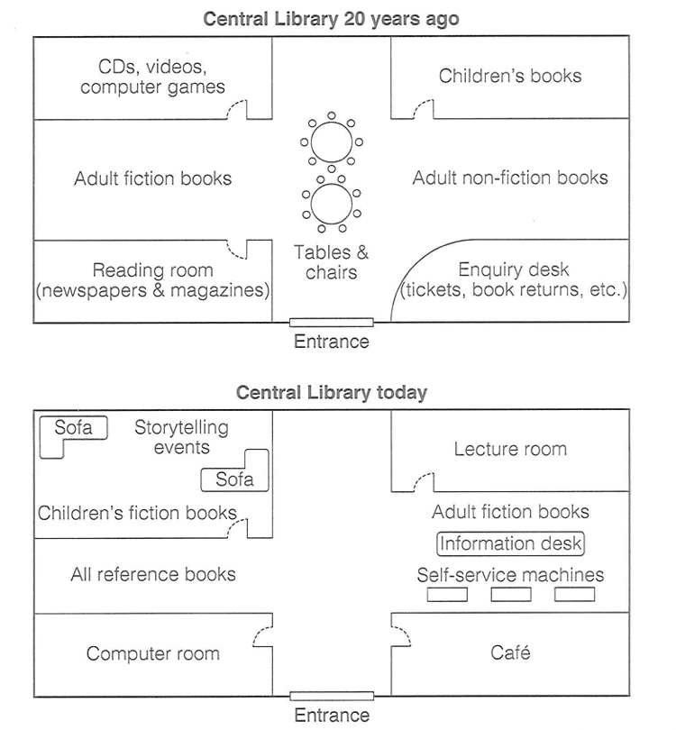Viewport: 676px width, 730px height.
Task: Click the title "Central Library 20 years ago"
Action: pos(331,19)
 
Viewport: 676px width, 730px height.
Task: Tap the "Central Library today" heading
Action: pos(331,393)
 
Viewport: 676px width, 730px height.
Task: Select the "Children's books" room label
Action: pos(510,76)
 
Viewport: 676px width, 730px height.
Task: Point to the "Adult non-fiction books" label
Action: pos(510,178)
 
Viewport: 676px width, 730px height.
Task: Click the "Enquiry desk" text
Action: pos(514,269)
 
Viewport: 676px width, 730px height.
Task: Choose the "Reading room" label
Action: pos(153,270)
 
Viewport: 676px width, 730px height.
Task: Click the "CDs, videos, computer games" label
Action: pos(153,77)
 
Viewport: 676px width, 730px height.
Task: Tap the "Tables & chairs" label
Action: pos(331,262)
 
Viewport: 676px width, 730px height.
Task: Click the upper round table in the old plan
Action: pos(331,141)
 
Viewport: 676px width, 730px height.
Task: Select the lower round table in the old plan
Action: pos(331,204)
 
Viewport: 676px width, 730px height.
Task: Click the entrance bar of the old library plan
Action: pos(331,322)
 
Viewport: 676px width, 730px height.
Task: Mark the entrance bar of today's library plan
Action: pos(331,696)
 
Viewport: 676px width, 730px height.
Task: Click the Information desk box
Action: pos(510,543)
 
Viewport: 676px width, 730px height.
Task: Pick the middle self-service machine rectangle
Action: pos(510,594)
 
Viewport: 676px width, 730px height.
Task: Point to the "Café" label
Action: pos(510,652)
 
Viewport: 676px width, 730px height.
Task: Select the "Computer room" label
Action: pos(153,653)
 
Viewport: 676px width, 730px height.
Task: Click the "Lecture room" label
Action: pos(510,449)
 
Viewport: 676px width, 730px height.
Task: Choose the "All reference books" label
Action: pos(153,574)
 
